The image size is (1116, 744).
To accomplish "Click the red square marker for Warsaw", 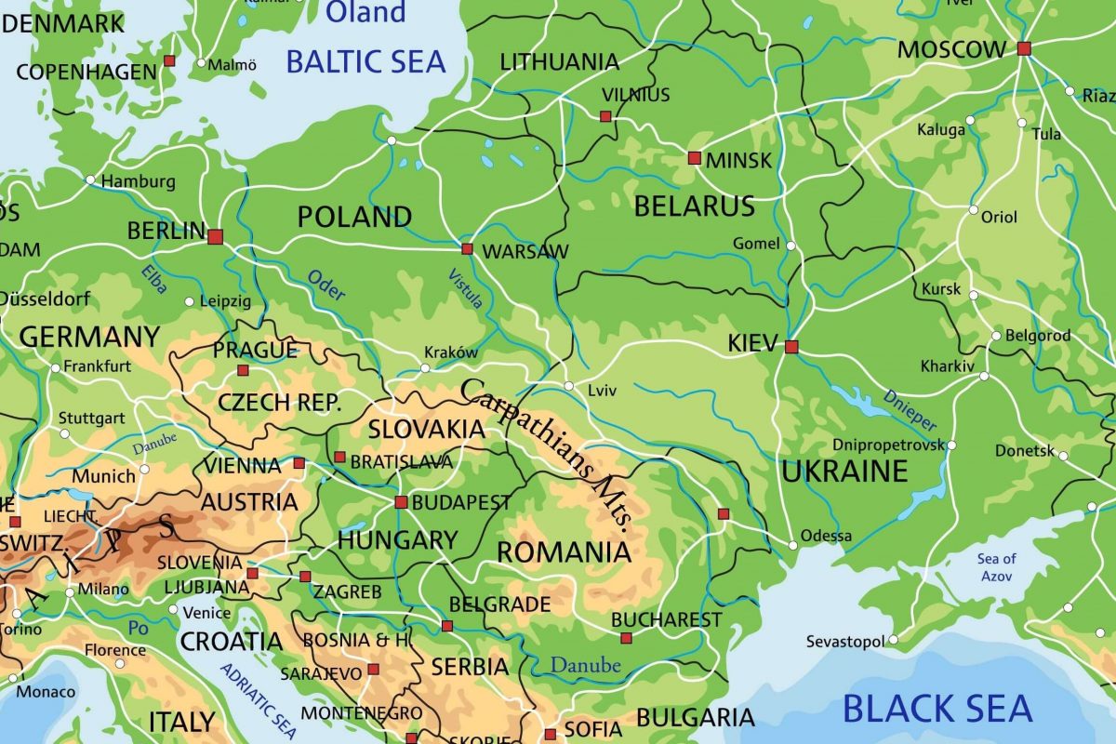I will tap(467, 249).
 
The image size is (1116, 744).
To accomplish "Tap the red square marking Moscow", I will tap(1024, 48).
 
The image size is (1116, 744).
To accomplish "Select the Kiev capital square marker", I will tap(791, 347).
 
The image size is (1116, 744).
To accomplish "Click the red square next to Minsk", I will tap(694, 158).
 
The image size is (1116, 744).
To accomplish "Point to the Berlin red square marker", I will tap(215, 236).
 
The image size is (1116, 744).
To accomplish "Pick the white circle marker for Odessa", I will tap(792, 545).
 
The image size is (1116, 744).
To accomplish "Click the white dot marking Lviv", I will tap(569, 386).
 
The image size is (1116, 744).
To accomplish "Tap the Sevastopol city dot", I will tap(893, 640).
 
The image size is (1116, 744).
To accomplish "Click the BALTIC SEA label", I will tap(365, 61).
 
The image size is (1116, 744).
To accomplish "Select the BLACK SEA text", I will tap(937, 709).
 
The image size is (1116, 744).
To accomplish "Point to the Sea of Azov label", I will tap(996, 567).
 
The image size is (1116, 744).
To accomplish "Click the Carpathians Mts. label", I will tap(547, 456).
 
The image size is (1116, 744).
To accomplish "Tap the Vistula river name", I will tap(466, 288).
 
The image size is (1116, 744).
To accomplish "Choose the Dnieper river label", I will tap(910, 409).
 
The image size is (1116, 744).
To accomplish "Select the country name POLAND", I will tap(354, 218).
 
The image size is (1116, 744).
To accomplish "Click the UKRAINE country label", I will tap(844, 472).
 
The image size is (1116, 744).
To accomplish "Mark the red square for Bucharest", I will tap(626, 638).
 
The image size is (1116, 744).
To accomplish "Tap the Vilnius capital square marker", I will tap(605, 116).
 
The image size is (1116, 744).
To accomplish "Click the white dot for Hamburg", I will tap(90, 179).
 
